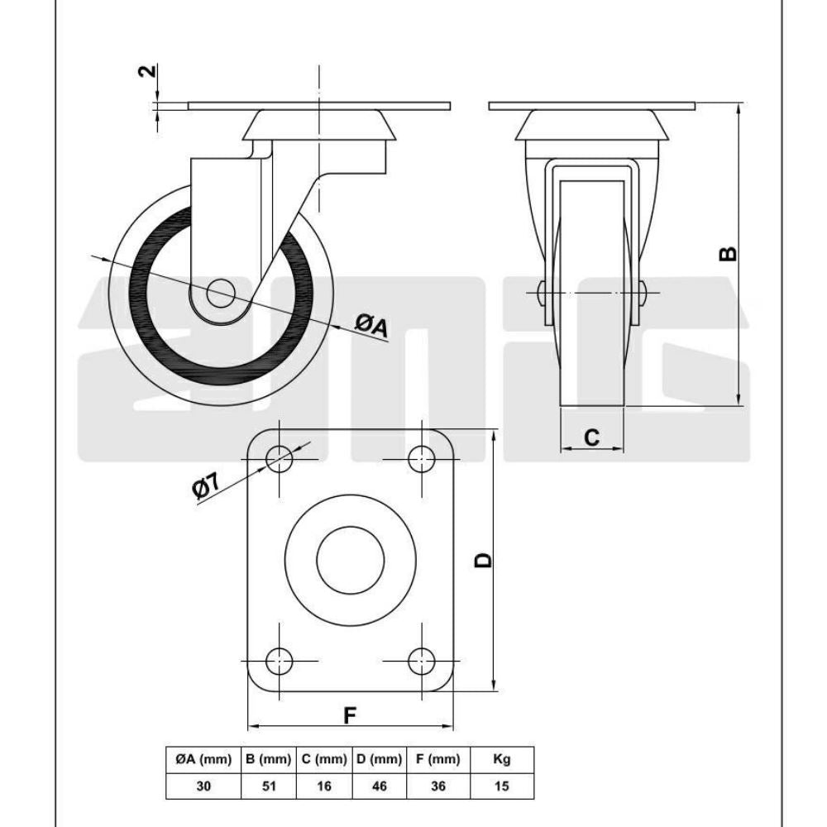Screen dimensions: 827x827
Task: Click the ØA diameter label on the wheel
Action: (x=371, y=325)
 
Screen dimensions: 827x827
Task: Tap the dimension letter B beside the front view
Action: (x=728, y=252)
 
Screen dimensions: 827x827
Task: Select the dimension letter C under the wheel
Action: (x=591, y=437)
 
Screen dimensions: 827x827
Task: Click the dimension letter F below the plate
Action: (x=351, y=715)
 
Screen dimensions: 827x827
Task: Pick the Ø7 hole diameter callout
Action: (x=208, y=487)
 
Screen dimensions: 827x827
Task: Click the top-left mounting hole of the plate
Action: (x=280, y=457)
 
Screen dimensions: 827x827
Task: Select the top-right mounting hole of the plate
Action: (x=423, y=457)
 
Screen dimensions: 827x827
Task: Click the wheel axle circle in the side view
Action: (x=220, y=291)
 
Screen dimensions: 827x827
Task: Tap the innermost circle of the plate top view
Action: (x=351, y=559)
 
